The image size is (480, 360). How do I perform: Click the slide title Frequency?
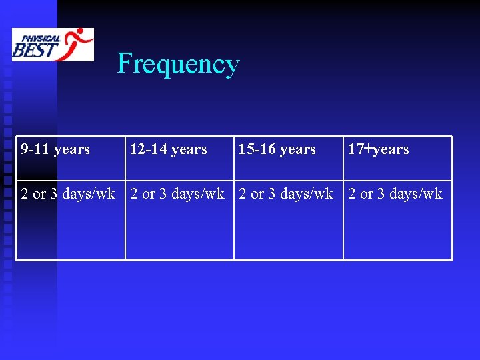click(x=178, y=64)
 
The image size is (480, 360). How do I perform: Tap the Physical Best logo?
click(x=53, y=45)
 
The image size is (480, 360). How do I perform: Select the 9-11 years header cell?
click(x=55, y=149)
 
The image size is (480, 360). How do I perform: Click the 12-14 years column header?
click(x=168, y=149)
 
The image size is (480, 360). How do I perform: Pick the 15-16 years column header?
click(x=277, y=149)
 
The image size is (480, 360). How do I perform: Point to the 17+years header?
click(x=378, y=149)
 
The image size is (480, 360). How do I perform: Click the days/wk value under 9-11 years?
click(x=68, y=194)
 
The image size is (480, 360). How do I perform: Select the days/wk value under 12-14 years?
click(x=177, y=194)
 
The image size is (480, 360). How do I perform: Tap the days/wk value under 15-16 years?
click(x=286, y=194)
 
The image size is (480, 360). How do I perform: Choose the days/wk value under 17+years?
click(x=395, y=194)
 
